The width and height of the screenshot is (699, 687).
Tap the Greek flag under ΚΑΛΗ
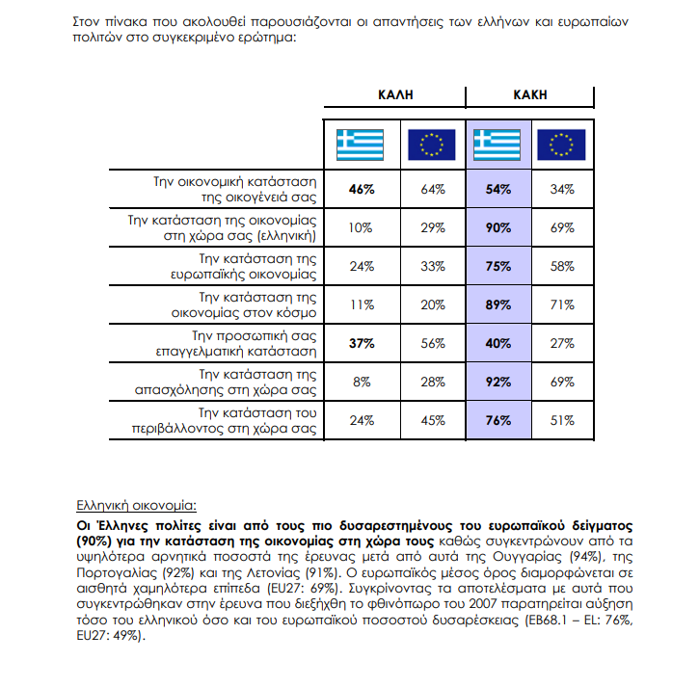[x=360, y=145]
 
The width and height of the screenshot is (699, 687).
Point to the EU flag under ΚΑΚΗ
[x=561, y=145]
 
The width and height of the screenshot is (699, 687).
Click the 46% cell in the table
[x=361, y=190]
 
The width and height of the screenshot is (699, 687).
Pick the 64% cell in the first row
[x=433, y=190]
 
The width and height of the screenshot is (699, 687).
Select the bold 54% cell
[x=498, y=190]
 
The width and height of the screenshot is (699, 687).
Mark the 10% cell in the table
[x=361, y=228]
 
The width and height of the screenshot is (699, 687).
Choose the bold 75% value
[x=498, y=267]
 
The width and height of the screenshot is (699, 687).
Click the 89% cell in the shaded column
[x=498, y=305]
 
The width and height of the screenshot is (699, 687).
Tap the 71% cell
[x=561, y=305]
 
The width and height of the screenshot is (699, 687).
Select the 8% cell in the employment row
[x=361, y=382]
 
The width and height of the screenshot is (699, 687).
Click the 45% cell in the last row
[x=433, y=420]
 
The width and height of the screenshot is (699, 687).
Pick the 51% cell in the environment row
[x=561, y=420]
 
